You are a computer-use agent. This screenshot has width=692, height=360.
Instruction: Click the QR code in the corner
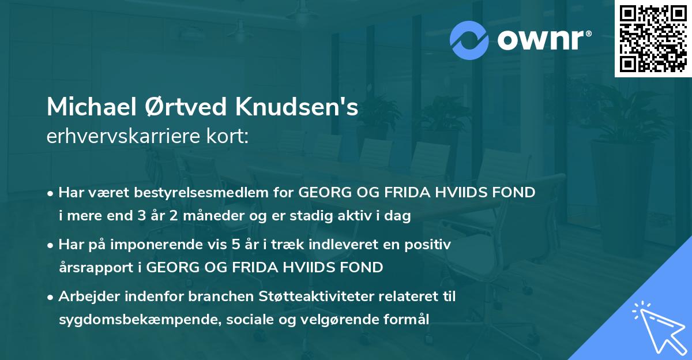[653, 39]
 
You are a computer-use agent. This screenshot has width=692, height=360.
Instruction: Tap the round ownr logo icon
[469, 40]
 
